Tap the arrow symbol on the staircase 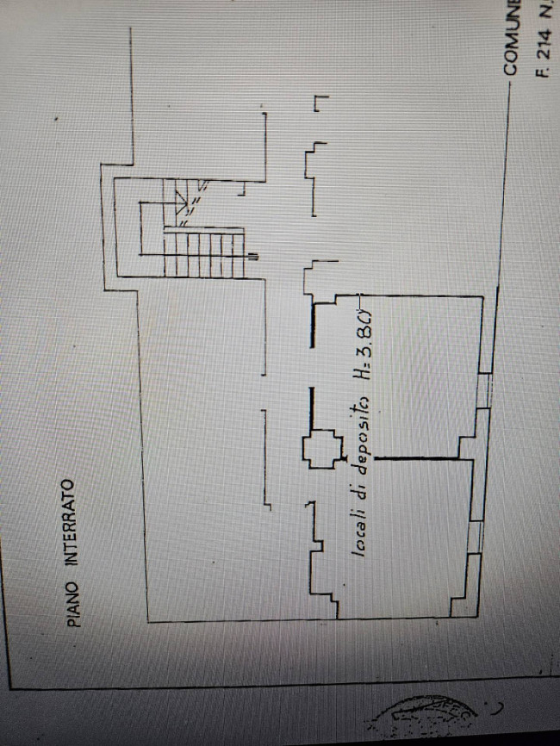pyautogui.click(x=181, y=204)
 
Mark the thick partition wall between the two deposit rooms pyautogui.click(x=422, y=457)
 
